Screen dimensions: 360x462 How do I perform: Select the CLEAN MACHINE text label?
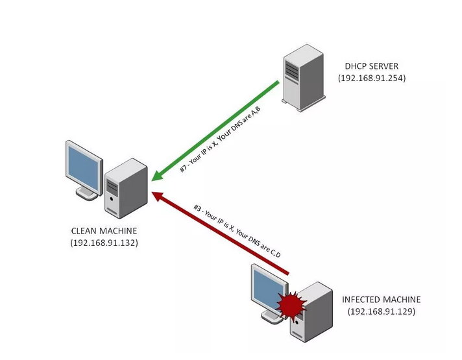pyautogui.click(x=104, y=232)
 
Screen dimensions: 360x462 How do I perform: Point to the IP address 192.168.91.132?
pyautogui.click(x=104, y=243)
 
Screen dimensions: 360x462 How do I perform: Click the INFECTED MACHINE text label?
pyautogui.click(x=382, y=300)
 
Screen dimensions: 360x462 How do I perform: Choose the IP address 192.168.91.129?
pyautogui.click(x=382, y=311)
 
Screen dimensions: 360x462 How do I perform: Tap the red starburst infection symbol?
pyautogui.click(x=289, y=302)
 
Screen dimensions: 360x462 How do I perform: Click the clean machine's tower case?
pyautogui.click(x=126, y=187)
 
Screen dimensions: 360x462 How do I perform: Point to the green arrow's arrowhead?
pyautogui.click(x=155, y=178)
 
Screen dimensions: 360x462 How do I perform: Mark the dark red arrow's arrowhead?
pyautogui.click(x=156, y=195)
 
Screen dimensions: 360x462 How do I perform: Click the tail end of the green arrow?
pyautogui.click(x=278, y=83)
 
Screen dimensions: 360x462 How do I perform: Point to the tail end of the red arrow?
pyautogui.click(x=286, y=278)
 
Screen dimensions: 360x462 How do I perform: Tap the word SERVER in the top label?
pyautogui.click(x=385, y=67)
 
